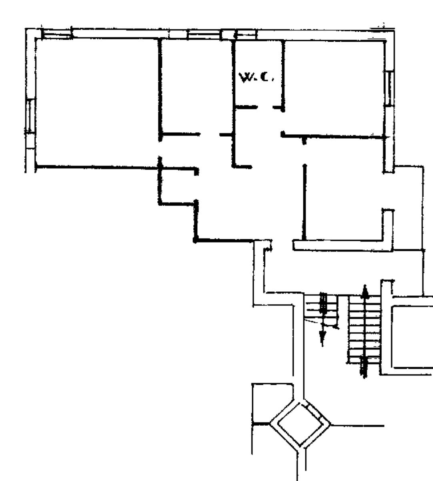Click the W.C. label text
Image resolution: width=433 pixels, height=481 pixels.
(x=256, y=77)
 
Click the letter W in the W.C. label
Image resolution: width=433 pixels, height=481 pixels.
(x=245, y=78)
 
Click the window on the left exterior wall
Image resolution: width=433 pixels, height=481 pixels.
(x=30, y=116)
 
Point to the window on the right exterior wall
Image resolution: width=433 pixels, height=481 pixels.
(x=389, y=88)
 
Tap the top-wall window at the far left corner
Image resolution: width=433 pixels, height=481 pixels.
(x=57, y=34)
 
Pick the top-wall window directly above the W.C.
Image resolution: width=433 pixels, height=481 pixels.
(x=246, y=34)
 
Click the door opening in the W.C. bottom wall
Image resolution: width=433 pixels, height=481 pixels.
(x=265, y=107)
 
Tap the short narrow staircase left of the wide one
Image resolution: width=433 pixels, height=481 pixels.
(x=321, y=310)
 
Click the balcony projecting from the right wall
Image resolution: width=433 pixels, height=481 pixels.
(x=408, y=208)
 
